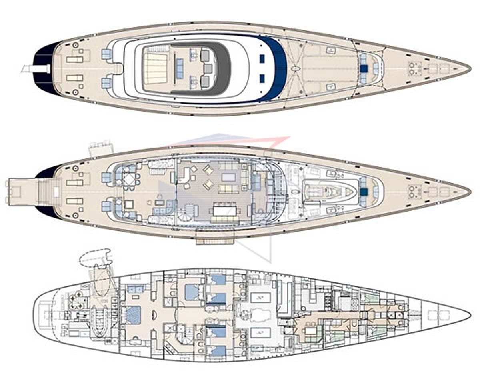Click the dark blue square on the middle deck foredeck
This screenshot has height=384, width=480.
[x=364, y=192]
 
